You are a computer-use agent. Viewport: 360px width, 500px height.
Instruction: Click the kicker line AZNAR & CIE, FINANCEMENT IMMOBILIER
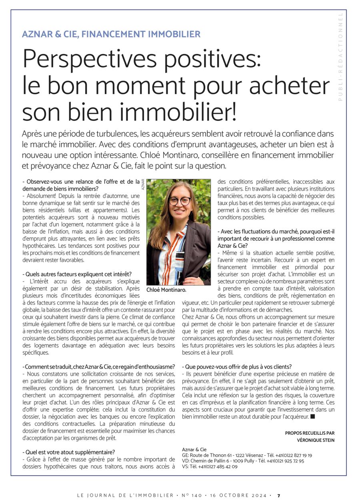pos(111,34)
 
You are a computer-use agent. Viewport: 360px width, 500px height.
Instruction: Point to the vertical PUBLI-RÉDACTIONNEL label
pos(340,56)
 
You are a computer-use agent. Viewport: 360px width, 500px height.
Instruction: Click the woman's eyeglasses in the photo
pos(180,201)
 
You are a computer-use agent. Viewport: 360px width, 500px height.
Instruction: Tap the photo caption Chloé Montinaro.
pos(166,289)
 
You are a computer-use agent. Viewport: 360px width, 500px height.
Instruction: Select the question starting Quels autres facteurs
pos(77,274)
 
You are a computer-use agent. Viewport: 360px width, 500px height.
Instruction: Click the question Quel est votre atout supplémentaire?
pos(68,452)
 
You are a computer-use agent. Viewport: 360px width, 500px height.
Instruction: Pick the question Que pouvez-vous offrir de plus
pos(237,366)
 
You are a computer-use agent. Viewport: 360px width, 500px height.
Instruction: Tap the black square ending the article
pos(313,417)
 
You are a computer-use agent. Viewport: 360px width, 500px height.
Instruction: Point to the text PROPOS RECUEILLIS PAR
pos(310,433)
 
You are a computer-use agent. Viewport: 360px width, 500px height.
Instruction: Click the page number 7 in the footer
pos(279,495)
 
